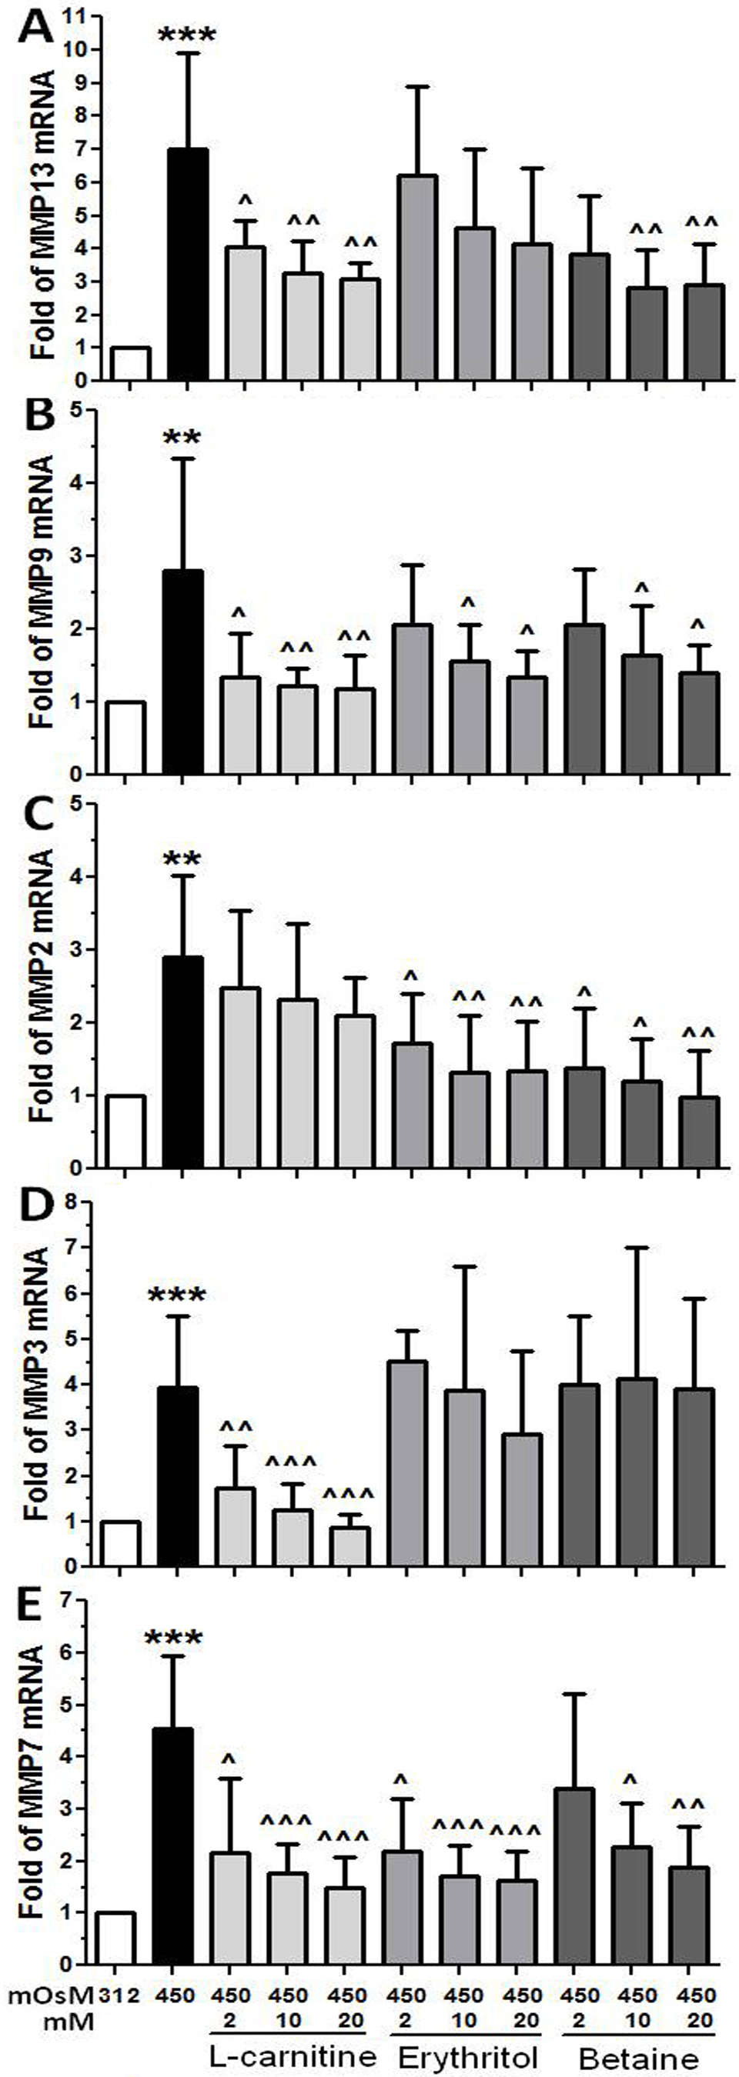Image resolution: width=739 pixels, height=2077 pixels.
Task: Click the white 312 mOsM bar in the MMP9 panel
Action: pyautogui.click(x=125, y=738)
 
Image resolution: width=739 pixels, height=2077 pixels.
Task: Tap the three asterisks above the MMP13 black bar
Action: pyautogui.click(x=187, y=36)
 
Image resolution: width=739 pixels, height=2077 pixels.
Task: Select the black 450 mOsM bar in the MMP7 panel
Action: pyautogui.click(x=172, y=1845)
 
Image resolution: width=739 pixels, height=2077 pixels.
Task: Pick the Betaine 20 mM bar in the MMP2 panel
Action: pyautogui.click(x=699, y=1132)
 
